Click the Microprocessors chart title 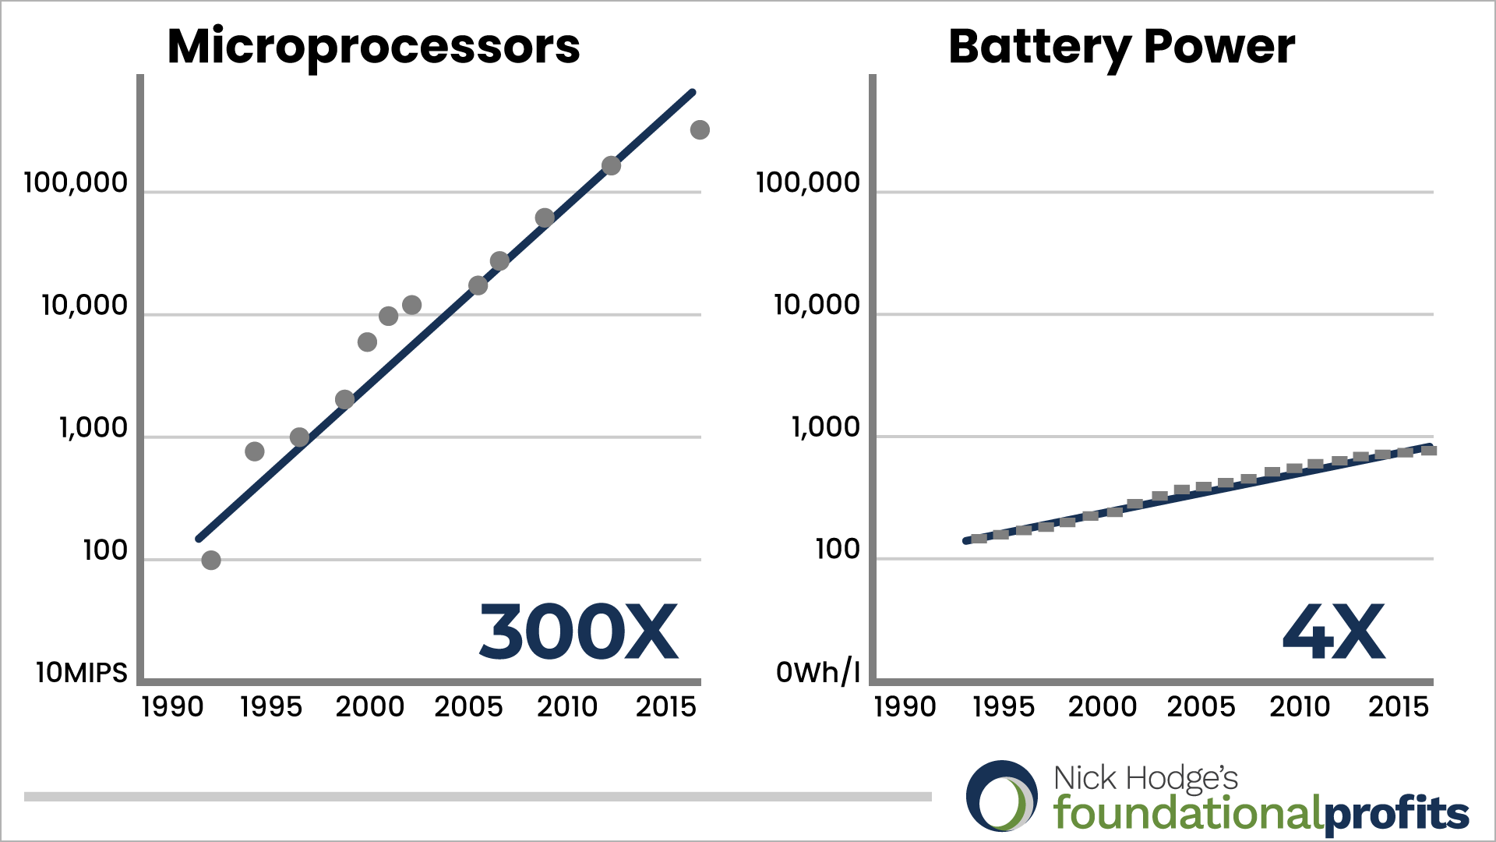pos(373,47)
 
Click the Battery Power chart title pos(1121,47)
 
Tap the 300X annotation pos(578,632)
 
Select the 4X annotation pos(1333,632)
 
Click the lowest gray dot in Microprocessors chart pos(211,560)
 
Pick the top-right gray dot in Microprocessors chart pos(700,130)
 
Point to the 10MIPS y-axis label pos(82,672)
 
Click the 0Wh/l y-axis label pos(818,672)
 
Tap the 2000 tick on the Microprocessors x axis pos(370,707)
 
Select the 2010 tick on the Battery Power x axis pos(1300,707)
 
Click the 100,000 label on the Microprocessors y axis pos(76,182)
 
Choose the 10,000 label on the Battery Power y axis pos(817,305)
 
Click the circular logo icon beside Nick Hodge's pos(1002,796)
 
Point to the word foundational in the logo pos(1187,813)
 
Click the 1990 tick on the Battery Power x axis pos(905,707)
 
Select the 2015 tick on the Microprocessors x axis pos(665,707)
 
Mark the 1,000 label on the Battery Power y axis pos(826,427)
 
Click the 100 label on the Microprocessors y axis pos(105,550)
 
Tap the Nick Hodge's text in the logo pos(1145,778)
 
